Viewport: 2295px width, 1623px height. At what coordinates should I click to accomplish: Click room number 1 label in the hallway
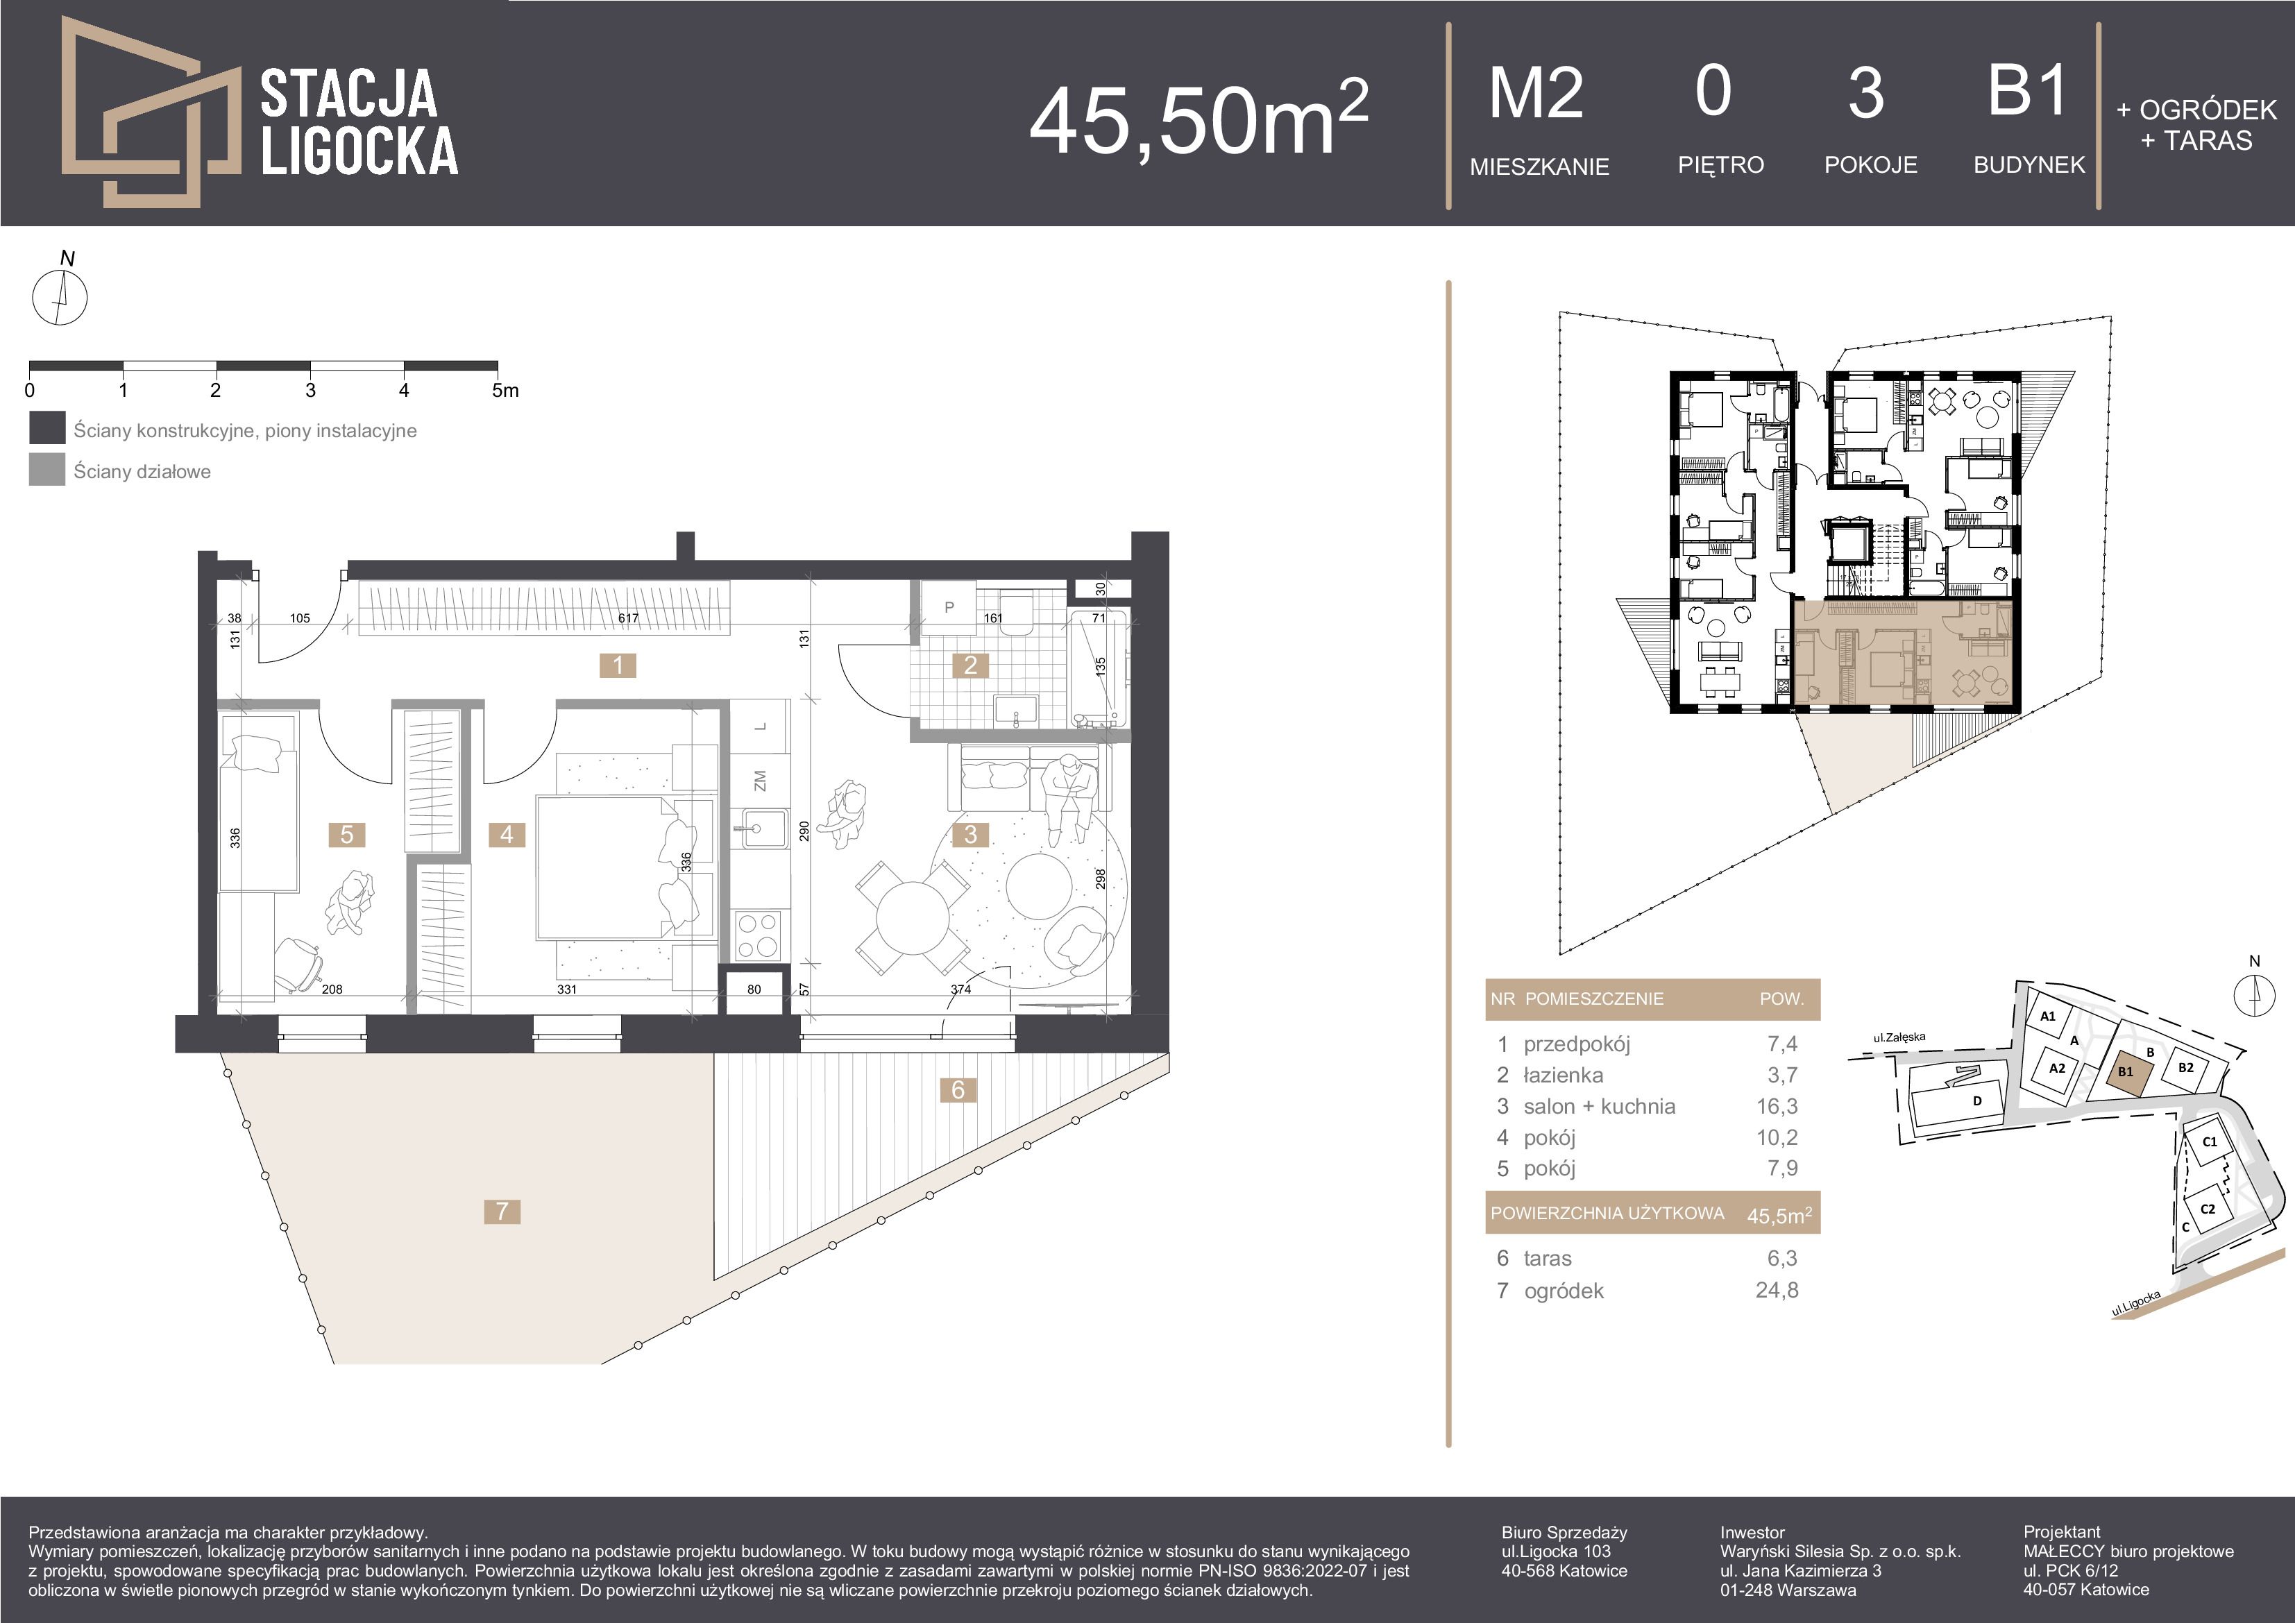click(x=618, y=665)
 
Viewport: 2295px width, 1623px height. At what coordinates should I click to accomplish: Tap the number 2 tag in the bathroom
click(x=969, y=665)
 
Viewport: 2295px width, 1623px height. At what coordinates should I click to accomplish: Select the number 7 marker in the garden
click(x=502, y=1212)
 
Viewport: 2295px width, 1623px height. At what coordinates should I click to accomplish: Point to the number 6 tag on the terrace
click(x=958, y=1089)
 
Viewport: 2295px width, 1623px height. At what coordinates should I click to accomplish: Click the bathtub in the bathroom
click(x=1097, y=668)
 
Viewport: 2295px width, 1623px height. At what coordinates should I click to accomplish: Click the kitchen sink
click(x=760, y=829)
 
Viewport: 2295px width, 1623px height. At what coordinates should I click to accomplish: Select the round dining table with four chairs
click(x=912, y=917)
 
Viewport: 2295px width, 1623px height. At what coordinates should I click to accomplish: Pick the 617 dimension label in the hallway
click(x=628, y=618)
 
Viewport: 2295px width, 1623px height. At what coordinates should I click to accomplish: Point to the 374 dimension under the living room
click(x=960, y=989)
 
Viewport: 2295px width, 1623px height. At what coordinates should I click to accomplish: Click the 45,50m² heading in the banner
click(x=1199, y=120)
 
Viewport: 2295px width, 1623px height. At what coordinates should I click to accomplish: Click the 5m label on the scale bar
click(x=506, y=391)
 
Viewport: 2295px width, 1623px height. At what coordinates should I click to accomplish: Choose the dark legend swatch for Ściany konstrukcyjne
click(x=47, y=427)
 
